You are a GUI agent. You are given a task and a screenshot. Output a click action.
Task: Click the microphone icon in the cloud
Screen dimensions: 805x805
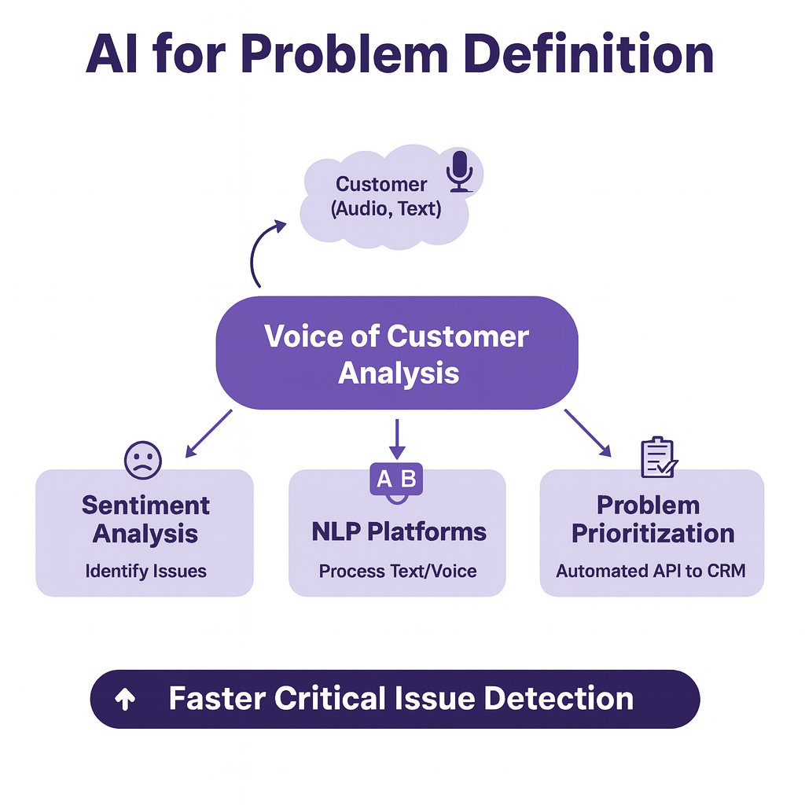click(x=459, y=171)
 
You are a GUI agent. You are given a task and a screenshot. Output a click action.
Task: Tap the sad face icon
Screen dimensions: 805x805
click(x=143, y=461)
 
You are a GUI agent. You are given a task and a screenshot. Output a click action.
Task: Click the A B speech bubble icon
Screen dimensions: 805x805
click(x=396, y=483)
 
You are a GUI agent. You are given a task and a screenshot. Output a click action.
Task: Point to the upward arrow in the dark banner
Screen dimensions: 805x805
click(x=125, y=699)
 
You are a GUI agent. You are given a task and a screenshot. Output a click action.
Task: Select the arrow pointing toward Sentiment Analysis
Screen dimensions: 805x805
click(x=208, y=433)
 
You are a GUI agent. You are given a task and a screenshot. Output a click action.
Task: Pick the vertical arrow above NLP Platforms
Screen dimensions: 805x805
click(x=397, y=439)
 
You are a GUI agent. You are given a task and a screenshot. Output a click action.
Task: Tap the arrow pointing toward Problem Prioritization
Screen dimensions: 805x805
click(x=588, y=433)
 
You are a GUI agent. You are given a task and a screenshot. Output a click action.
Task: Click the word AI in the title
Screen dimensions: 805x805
click(x=112, y=54)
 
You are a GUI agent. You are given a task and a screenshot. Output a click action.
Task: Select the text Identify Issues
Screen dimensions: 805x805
click(x=145, y=571)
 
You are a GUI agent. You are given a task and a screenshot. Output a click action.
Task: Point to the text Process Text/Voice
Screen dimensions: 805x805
click(x=397, y=571)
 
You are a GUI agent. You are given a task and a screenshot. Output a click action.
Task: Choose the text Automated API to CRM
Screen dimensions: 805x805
click(x=650, y=571)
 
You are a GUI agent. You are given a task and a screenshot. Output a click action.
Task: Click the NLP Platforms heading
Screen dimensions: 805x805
click(x=399, y=532)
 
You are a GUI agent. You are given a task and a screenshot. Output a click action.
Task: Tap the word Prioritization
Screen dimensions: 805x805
click(x=653, y=534)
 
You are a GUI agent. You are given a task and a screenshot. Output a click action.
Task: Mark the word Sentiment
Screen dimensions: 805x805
click(x=145, y=505)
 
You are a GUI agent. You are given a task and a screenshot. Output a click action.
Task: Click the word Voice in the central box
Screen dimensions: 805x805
click(x=303, y=336)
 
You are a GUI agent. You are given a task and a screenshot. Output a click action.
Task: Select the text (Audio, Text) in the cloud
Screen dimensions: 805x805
click(x=386, y=209)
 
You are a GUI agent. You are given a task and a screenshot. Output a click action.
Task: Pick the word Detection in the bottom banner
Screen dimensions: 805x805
click(x=559, y=699)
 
